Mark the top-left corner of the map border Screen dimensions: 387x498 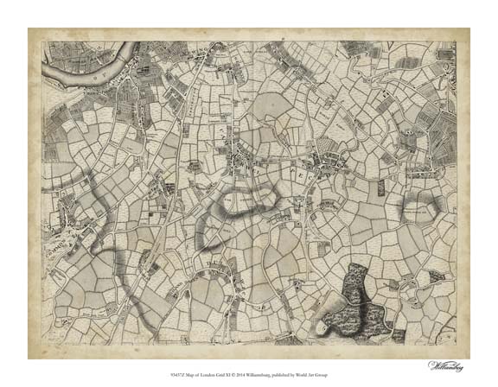[43, 41]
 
